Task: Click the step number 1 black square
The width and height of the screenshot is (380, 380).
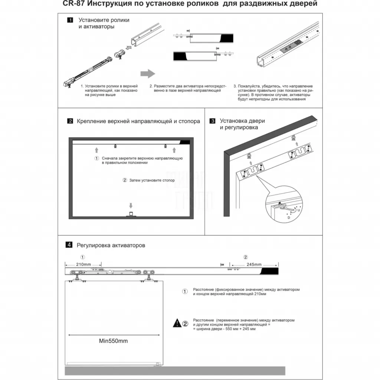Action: [70, 20]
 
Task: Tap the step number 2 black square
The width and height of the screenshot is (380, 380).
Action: [70, 121]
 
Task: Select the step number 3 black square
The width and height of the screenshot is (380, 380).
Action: [212, 121]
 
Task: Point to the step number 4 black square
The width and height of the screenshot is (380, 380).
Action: [69, 245]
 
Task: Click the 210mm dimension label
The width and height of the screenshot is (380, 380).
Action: [83, 264]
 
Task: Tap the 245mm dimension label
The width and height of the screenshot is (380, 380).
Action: [254, 264]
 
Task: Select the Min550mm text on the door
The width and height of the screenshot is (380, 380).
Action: [114, 341]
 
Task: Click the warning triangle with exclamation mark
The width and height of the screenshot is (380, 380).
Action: [177, 323]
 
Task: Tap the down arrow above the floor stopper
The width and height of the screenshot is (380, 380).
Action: [131, 206]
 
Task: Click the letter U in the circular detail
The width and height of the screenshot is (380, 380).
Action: [299, 210]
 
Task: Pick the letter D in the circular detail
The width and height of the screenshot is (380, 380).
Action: [289, 218]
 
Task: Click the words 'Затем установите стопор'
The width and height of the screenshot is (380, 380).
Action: [152, 180]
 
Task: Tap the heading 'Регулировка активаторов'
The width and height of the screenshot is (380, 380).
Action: [111, 245]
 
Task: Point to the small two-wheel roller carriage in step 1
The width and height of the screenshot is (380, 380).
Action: [120, 54]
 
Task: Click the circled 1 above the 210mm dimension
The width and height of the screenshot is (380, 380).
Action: [83, 257]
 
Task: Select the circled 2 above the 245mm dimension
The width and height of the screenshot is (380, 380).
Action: [246, 257]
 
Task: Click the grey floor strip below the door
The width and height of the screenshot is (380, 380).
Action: [175, 371]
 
